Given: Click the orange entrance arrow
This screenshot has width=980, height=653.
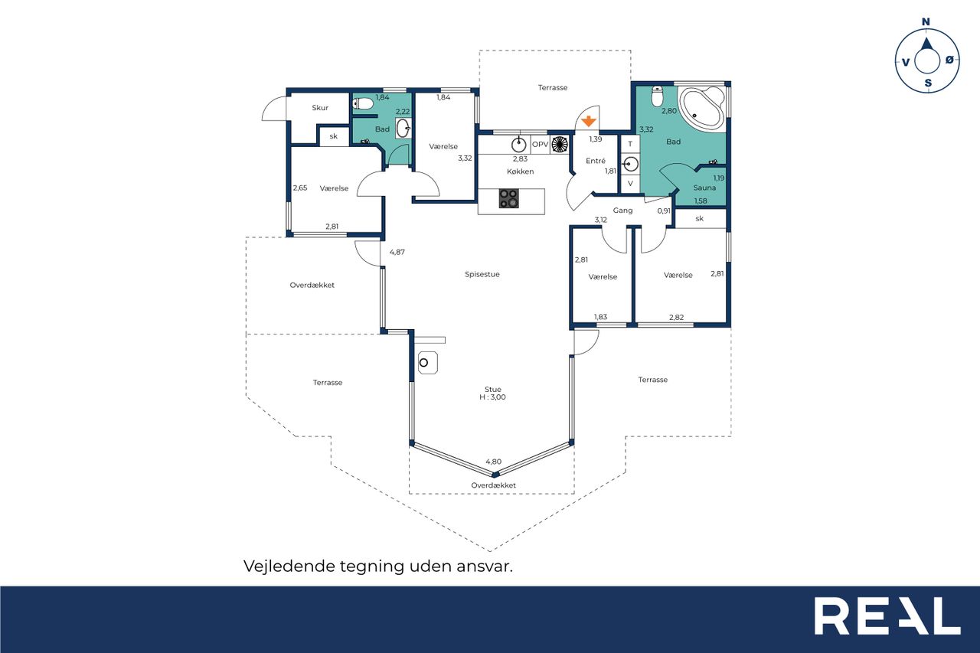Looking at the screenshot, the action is tap(589, 121).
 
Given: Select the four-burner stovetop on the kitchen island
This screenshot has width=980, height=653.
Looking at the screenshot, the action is tap(509, 198).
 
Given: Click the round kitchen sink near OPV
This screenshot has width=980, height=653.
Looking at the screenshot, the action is tap(519, 144).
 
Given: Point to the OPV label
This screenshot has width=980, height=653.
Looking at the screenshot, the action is tap(541, 144).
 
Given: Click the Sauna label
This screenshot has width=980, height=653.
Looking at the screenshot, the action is tap(704, 188).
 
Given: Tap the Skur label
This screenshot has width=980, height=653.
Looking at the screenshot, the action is tap(320, 108).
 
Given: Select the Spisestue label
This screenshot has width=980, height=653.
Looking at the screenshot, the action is tap(482, 274).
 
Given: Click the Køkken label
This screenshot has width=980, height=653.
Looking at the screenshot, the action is tap(520, 171).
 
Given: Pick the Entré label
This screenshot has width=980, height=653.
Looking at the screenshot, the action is tap(596, 161).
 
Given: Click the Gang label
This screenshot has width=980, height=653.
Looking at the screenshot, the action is tap(622, 211).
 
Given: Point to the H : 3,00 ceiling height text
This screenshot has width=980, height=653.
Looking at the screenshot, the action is tap(492, 397).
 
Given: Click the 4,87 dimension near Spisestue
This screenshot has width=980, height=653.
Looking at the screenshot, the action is tap(397, 252).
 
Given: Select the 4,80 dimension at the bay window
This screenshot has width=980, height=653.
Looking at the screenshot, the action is tap(494, 462).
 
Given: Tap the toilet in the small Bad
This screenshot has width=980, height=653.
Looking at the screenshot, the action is tap(363, 103).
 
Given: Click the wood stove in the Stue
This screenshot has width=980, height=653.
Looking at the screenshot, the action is tap(427, 363).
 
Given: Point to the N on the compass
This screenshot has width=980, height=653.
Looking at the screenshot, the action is tap(926, 22).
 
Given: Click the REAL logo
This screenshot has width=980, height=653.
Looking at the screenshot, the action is tap(887, 615).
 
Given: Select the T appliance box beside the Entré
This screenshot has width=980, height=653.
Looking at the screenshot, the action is tap(630, 143).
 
